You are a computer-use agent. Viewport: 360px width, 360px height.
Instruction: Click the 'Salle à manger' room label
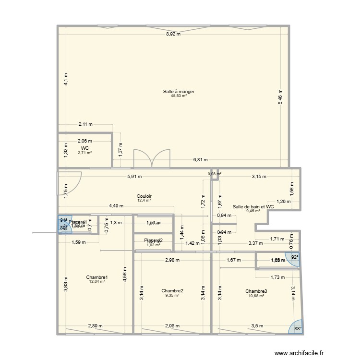(x=179, y=91)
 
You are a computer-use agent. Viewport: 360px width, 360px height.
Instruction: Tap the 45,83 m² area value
(x=179, y=96)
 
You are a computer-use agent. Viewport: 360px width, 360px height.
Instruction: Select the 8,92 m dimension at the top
(x=173, y=34)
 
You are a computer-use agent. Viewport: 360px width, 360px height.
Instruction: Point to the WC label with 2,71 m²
(x=85, y=148)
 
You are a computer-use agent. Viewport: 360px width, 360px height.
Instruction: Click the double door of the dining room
(x=152, y=158)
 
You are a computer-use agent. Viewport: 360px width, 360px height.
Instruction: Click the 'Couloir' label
(x=144, y=196)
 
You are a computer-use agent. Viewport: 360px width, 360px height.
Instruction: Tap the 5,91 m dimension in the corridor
(x=135, y=176)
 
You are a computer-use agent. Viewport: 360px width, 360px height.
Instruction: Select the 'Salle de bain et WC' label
(x=253, y=206)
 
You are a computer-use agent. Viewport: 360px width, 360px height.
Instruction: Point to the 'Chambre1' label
(x=97, y=277)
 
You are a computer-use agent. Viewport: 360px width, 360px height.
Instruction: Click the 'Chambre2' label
(x=172, y=290)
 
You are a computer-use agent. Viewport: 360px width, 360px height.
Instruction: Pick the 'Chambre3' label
(x=256, y=291)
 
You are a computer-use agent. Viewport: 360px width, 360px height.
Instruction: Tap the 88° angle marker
(x=297, y=328)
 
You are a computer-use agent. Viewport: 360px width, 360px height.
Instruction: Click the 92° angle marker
(x=293, y=257)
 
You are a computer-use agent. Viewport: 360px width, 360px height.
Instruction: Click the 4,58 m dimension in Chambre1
(x=124, y=275)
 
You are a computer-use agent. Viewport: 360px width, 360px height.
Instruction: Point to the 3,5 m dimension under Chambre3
(x=257, y=326)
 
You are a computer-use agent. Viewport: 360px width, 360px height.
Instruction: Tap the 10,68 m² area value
(x=256, y=295)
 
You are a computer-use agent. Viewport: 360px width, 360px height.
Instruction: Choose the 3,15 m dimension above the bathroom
(x=259, y=176)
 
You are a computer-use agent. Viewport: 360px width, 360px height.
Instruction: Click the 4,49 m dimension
(x=116, y=205)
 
